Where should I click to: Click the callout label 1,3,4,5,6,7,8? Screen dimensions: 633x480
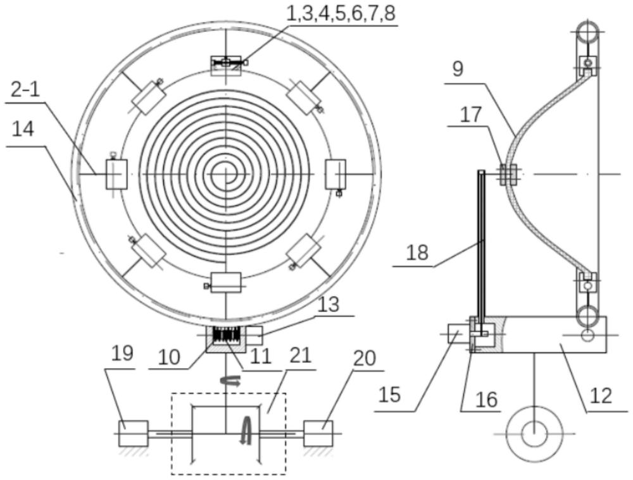point(341,13)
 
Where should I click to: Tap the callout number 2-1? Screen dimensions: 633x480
point(25,90)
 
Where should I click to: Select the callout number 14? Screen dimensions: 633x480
point(23,130)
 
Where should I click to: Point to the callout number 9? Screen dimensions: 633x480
point(458,69)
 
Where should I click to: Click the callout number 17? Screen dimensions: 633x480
point(471,114)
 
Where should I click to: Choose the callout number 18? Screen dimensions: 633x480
point(417,254)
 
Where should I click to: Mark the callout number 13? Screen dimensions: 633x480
point(329,304)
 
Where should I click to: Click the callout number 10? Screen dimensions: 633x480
point(169,357)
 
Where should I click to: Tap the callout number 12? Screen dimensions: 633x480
point(601,396)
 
